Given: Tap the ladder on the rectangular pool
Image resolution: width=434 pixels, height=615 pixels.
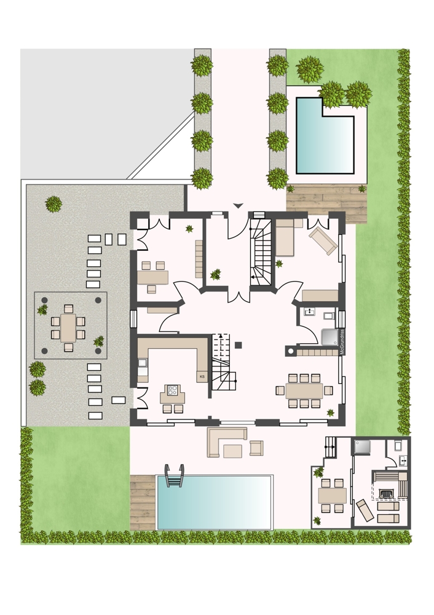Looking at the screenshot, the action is pyautogui.click(x=175, y=475).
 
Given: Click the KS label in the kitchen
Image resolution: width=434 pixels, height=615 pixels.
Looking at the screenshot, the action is pyautogui.click(x=202, y=377).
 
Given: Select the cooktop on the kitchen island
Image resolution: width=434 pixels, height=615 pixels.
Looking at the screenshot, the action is pyautogui.click(x=173, y=390).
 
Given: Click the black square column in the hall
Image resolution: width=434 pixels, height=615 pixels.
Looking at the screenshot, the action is pyautogui.click(x=238, y=345).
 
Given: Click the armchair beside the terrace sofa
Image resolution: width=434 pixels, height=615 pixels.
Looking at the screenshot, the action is pyautogui.click(x=256, y=448).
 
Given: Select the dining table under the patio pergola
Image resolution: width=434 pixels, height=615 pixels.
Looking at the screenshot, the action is pyautogui.click(x=68, y=328).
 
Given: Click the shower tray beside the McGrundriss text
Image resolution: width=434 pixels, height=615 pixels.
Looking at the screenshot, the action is pyautogui.click(x=329, y=337).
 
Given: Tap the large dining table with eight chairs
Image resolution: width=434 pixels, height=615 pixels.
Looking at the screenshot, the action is pyautogui.click(x=304, y=391).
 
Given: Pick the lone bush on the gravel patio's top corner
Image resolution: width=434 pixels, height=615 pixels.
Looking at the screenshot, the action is pyautogui.click(x=53, y=204).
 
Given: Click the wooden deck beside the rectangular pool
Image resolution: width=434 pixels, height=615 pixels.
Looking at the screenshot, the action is pyautogui.click(x=143, y=502).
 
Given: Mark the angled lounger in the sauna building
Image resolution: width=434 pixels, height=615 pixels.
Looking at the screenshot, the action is pyautogui.click(x=365, y=510).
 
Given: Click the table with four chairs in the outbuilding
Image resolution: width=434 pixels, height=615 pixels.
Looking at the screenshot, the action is pyautogui.click(x=332, y=495).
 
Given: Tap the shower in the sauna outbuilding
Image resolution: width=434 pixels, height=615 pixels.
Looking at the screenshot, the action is pyautogui.click(x=361, y=446).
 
